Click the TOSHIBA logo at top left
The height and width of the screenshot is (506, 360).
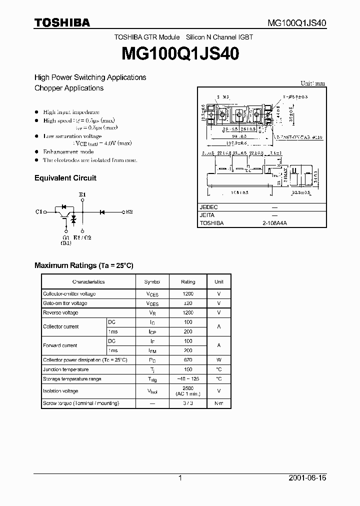[x=62, y=22]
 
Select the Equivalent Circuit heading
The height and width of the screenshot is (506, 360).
[x=65, y=178]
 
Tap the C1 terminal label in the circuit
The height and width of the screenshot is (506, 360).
[x=38, y=212]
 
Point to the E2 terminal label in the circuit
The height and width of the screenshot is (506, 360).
[x=129, y=212]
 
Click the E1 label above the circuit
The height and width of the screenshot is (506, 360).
[x=82, y=194]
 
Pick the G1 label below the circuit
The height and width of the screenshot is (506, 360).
[x=66, y=237]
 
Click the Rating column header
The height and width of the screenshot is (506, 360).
[x=188, y=282]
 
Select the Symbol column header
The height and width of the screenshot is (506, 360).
[x=152, y=282]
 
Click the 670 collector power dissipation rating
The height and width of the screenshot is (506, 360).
[x=188, y=360]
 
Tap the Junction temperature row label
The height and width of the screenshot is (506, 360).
[x=65, y=369]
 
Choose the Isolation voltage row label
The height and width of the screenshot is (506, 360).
[x=60, y=391]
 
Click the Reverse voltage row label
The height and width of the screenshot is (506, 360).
[x=60, y=312]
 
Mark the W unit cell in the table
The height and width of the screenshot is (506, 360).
[x=218, y=360]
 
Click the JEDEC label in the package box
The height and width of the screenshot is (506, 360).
[x=208, y=206]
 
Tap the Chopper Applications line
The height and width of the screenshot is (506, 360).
[x=69, y=88]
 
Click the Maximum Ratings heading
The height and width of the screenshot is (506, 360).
[x=84, y=265]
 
